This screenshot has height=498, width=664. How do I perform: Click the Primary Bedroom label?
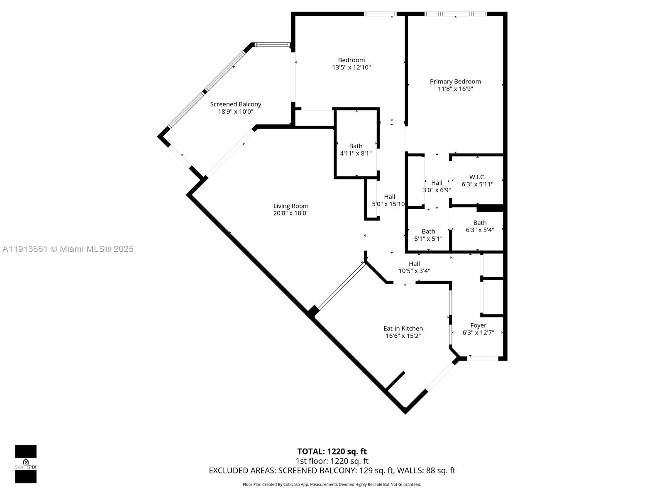[x=455, y=81]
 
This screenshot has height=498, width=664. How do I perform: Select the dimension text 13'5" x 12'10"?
[x=351, y=67]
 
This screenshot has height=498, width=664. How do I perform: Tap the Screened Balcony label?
[x=235, y=104]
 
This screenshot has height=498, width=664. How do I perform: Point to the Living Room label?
[x=290, y=206]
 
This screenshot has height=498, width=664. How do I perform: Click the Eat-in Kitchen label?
[x=403, y=328]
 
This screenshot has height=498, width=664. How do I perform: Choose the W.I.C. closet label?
[x=477, y=177]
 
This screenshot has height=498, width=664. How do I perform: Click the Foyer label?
[x=478, y=325]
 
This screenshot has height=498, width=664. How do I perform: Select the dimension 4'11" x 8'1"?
[x=356, y=153]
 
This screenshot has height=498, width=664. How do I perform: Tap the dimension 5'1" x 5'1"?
[x=428, y=239]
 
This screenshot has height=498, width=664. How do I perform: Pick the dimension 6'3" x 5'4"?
[x=480, y=230]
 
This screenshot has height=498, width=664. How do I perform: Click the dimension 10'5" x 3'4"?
[x=414, y=271]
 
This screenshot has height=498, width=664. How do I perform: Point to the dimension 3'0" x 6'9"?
[x=437, y=190]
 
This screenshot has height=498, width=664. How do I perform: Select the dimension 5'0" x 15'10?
[x=388, y=204]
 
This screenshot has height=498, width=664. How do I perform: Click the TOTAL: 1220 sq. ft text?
[x=332, y=452]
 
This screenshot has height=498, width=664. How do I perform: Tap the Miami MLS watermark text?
[x=68, y=249]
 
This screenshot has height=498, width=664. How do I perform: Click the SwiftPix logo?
[x=26, y=464]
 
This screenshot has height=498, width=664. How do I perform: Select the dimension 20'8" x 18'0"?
[x=290, y=213]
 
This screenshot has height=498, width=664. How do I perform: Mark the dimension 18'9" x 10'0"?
[x=235, y=112]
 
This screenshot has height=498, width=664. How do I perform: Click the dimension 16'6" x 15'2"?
[x=403, y=336]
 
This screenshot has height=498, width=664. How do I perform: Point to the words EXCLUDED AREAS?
[x=242, y=471]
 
